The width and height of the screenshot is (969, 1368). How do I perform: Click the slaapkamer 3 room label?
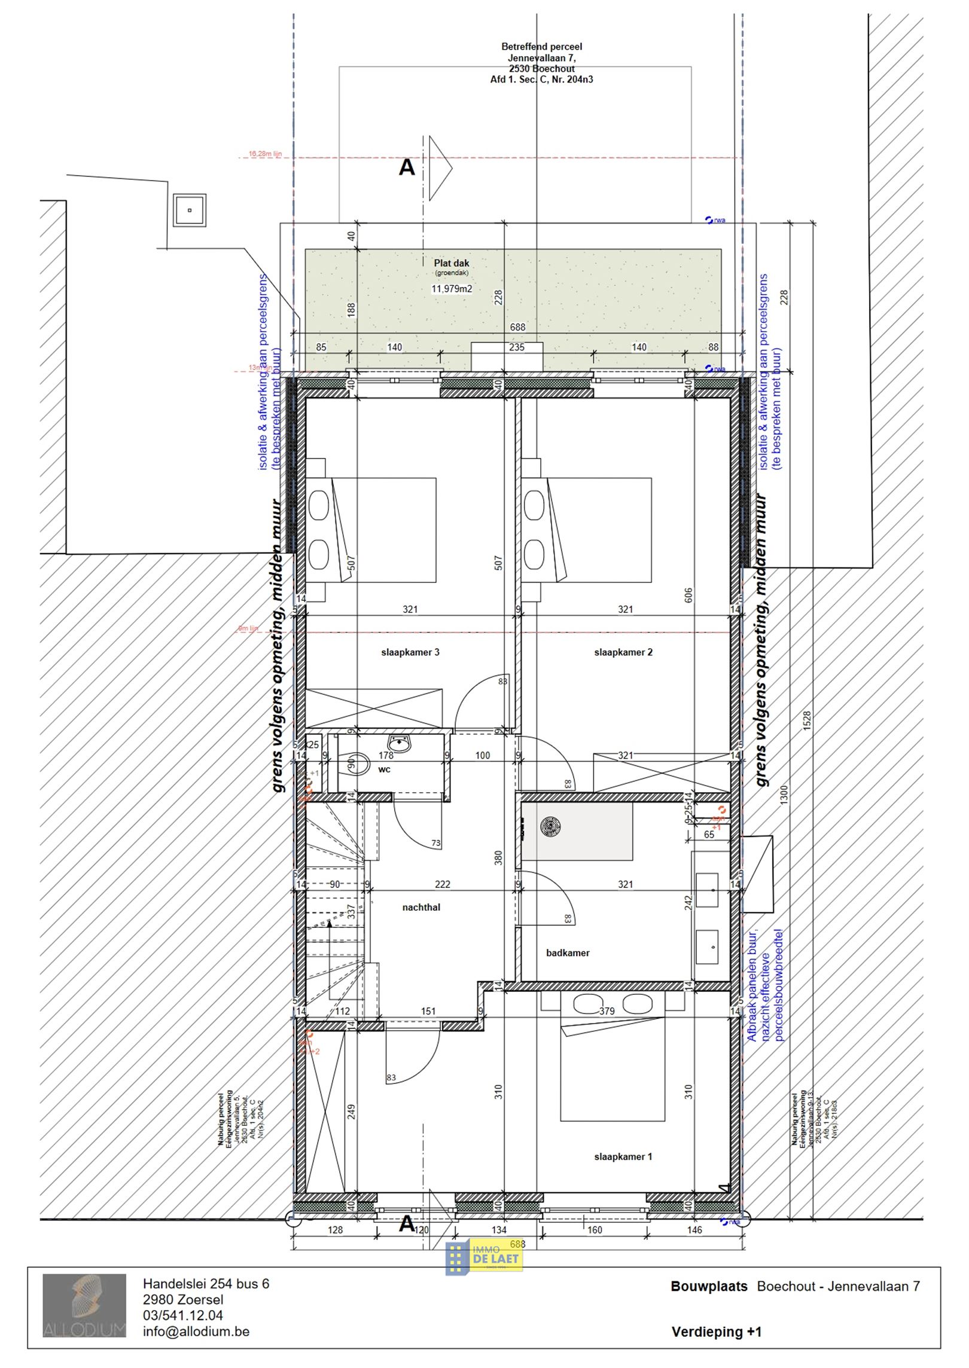(x=410, y=652)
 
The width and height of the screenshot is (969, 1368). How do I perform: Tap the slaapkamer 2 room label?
(x=623, y=652)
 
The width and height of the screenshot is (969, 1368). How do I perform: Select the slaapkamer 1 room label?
(x=623, y=1157)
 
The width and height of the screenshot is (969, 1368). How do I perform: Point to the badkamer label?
(x=568, y=953)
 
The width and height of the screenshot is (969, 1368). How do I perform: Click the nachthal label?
(x=421, y=908)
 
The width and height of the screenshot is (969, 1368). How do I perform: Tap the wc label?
(x=384, y=769)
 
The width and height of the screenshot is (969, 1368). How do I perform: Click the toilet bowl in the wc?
(x=357, y=764)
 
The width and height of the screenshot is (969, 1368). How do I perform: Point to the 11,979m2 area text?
(x=452, y=289)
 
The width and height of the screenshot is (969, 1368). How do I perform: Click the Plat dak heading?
(x=452, y=263)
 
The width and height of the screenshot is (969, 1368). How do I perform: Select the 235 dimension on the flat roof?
(x=516, y=347)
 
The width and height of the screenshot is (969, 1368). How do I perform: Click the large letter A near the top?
(x=407, y=167)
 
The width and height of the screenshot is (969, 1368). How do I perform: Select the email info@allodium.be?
(x=196, y=1332)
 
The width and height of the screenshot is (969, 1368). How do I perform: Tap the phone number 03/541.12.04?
(x=183, y=1315)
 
